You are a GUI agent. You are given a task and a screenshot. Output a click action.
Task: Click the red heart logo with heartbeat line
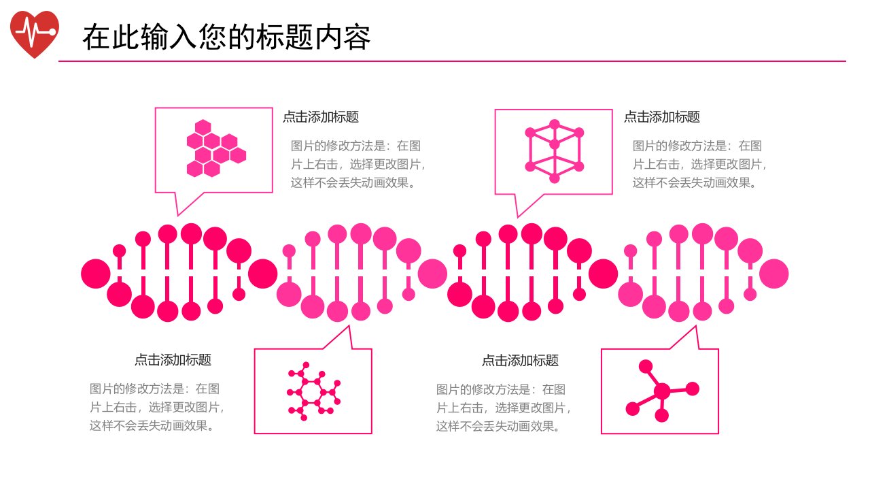pos(35,34)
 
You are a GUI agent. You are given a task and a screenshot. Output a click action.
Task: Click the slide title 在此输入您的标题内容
pos(226,37)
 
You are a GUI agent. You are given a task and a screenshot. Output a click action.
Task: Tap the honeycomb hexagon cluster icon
pos(216,148)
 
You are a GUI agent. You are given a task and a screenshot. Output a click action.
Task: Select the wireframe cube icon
pos(554,151)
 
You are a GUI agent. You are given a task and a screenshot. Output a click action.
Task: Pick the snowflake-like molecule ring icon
pos(313,391)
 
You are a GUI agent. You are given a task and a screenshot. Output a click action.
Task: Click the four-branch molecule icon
pos(662,391)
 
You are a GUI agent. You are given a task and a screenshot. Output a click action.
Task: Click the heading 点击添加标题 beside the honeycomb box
pos(320,116)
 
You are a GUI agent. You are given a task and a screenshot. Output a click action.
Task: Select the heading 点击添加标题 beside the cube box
pos(662,116)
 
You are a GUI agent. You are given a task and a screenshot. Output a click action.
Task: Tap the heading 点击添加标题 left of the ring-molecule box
pos(173,360)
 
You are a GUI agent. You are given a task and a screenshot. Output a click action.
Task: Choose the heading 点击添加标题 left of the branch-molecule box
pos(520,361)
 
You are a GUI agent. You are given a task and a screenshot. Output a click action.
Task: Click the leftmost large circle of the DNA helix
pos(96,274)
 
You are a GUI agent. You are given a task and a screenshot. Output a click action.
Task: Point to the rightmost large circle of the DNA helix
pos(773,274)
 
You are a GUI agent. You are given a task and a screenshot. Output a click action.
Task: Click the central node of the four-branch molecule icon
pos(662,391)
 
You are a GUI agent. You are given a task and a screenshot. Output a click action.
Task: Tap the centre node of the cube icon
pos(555,145)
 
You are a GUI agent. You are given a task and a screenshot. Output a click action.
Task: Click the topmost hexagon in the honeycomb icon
pos(203,127)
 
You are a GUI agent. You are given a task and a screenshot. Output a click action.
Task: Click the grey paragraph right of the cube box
pos(700,164)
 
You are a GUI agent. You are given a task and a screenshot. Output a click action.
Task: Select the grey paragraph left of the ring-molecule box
pos(157,407)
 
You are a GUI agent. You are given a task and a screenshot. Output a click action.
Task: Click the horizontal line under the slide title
pos(452,61)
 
